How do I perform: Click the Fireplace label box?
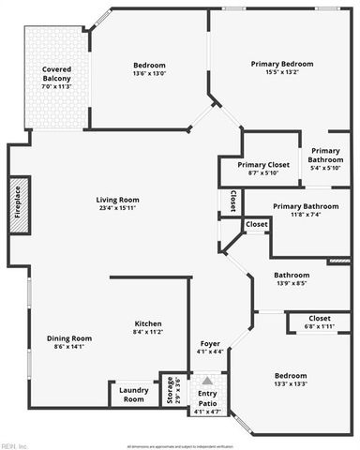click(18, 203)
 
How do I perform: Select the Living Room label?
click(117, 200)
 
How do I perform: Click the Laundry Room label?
click(134, 395)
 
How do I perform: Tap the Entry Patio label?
click(207, 397)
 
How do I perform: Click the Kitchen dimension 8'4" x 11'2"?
click(148, 332)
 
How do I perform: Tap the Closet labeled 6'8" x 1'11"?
click(319, 326)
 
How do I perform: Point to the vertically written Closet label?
click(232, 201)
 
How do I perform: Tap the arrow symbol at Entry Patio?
click(208, 382)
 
